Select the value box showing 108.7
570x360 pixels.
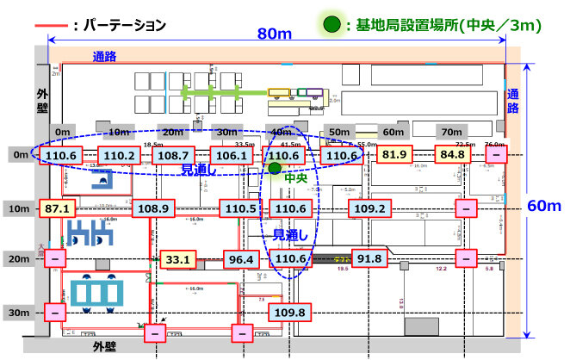point(173,156)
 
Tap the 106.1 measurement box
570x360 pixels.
point(229,156)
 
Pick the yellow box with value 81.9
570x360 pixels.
point(394,155)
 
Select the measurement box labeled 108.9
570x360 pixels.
point(153,208)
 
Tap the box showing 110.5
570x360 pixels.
point(240,208)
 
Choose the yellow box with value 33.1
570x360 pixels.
point(178,258)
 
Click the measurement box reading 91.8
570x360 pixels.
point(369,258)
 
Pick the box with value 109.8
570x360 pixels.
point(288,312)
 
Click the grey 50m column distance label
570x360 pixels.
point(341,133)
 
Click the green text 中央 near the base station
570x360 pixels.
point(296,179)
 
